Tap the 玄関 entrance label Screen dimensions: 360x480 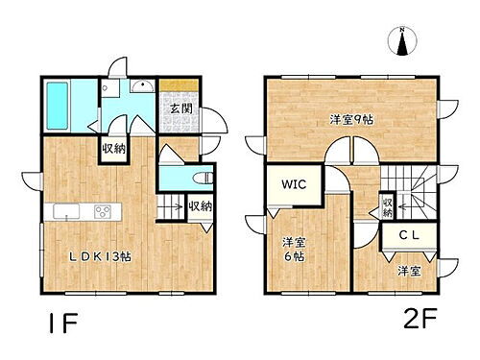click(x=180, y=108)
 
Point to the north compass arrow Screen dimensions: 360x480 click(x=401, y=41)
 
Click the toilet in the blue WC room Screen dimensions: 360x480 click(x=201, y=180)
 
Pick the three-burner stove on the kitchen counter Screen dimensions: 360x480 click(x=103, y=212)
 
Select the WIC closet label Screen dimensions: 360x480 click(x=294, y=184)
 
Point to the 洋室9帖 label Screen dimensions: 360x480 click(x=352, y=120)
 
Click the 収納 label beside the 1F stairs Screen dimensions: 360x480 click(x=200, y=205)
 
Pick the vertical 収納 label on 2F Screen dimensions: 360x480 click(x=386, y=206)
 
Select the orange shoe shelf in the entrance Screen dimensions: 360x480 click(x=180, y=84)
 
